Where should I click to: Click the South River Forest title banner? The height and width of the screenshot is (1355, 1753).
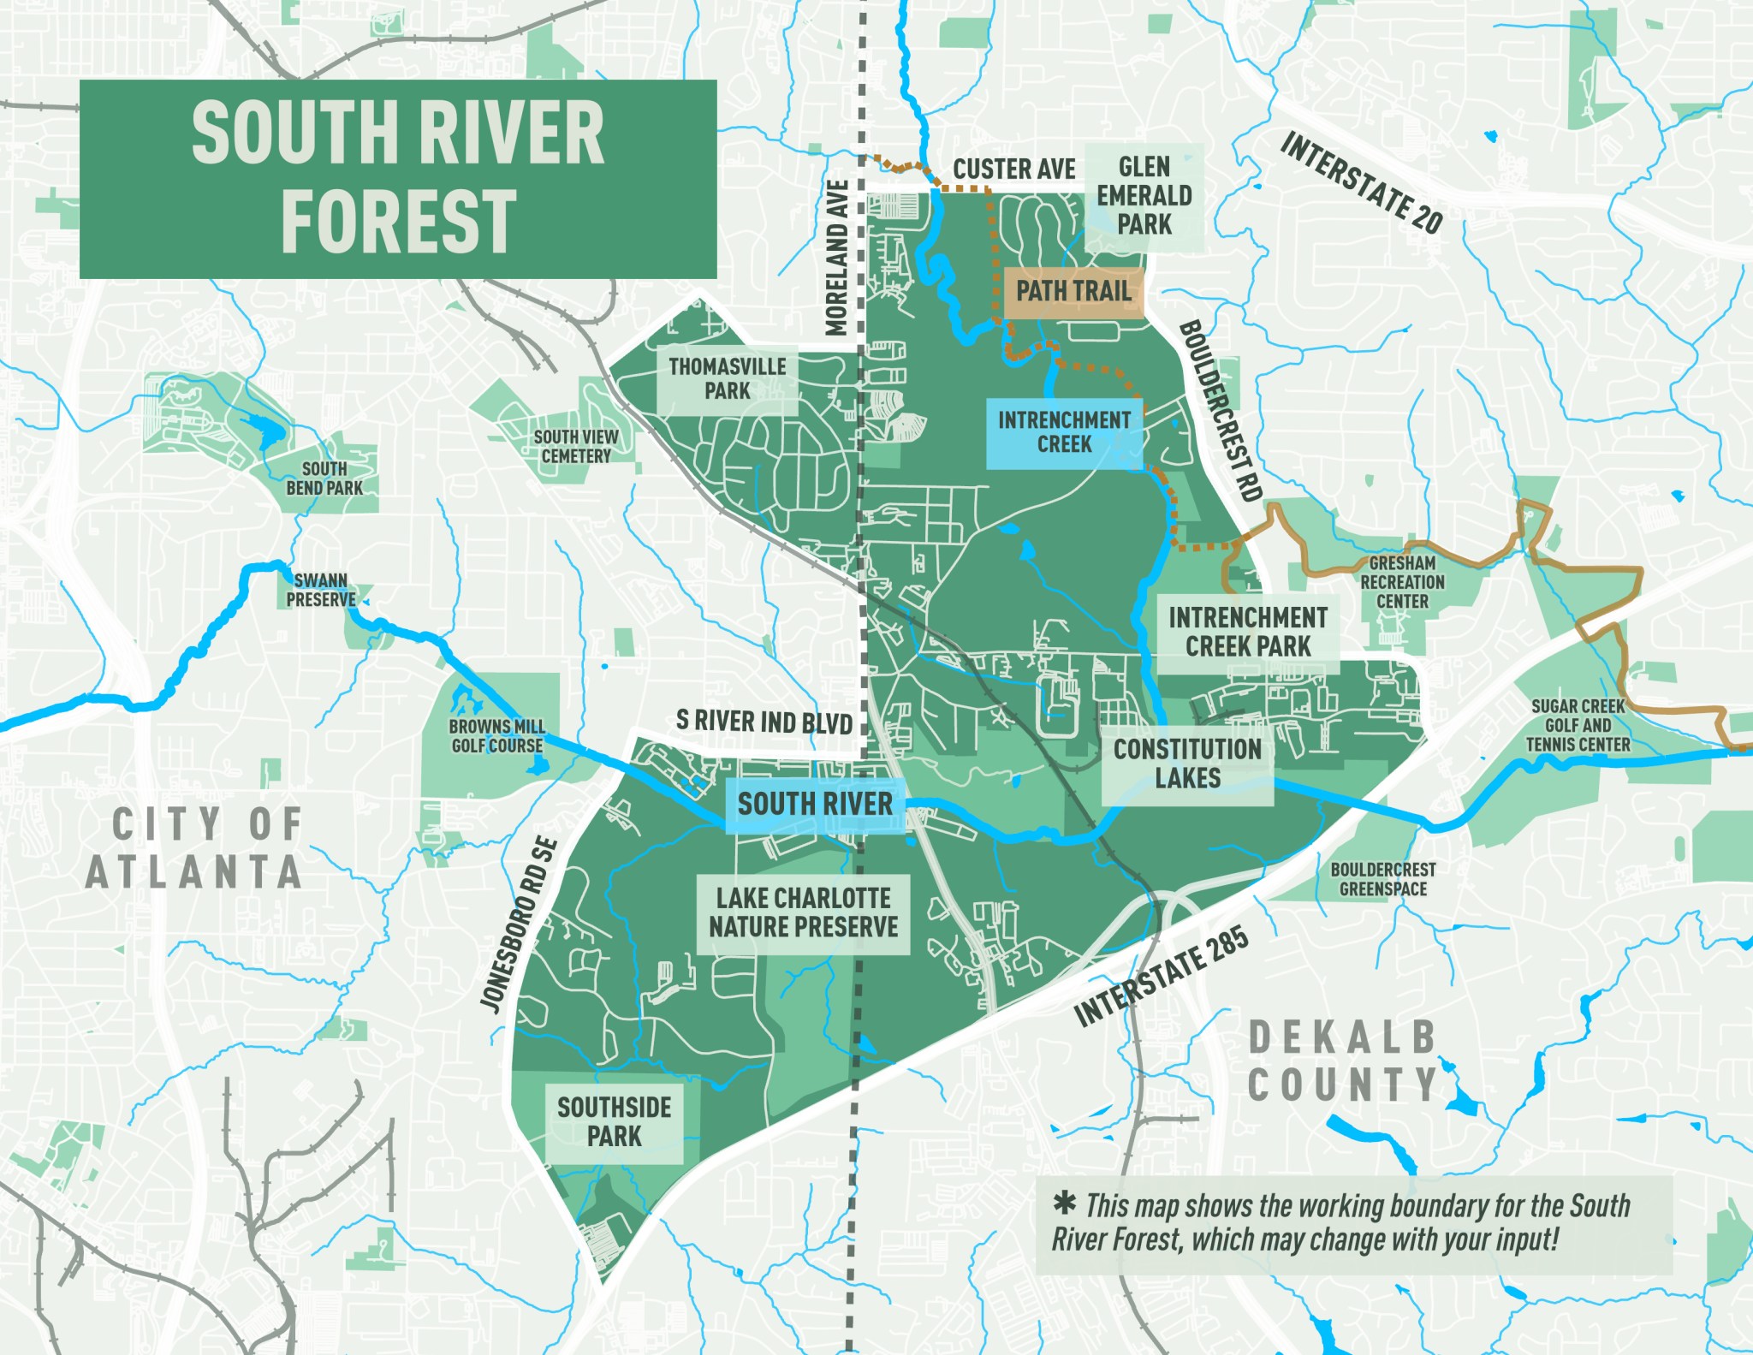(398, 179)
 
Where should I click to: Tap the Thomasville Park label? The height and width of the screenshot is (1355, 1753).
(728, 379)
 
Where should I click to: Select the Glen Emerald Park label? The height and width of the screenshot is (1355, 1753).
(1144, 196)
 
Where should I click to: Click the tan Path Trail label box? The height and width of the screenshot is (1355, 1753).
(1073, 292)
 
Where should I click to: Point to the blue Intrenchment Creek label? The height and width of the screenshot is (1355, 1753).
(1064, 432)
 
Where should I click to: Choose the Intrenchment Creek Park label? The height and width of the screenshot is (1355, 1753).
(1247, 632)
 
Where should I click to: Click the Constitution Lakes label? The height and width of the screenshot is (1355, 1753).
(1187, 764)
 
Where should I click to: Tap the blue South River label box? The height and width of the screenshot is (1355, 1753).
(815, 805)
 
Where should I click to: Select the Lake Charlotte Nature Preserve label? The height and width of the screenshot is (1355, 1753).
(803, 912)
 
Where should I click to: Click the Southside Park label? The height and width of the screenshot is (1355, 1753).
(614, 1122)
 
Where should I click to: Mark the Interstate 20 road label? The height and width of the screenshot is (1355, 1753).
(1361, 183)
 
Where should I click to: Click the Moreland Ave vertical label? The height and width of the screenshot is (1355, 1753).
(836, 257)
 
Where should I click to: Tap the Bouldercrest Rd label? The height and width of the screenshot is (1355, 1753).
(1221, 411)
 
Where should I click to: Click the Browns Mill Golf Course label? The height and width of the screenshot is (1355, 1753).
(496, 736)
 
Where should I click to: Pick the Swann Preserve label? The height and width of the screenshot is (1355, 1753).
(320, 591)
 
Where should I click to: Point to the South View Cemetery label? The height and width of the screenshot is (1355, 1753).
(575, 447)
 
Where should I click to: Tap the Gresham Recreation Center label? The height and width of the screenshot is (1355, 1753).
(1402, 583)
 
